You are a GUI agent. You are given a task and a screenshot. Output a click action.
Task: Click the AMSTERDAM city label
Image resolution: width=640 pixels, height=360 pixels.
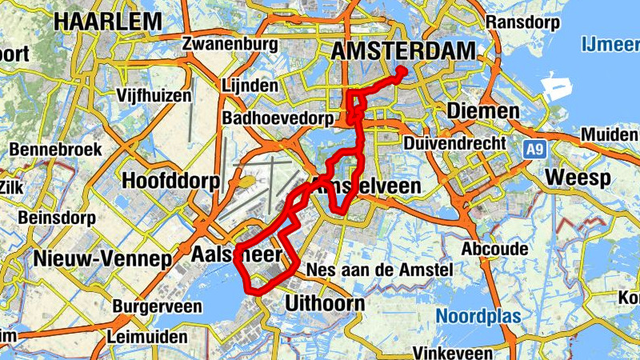[x=403, y=50]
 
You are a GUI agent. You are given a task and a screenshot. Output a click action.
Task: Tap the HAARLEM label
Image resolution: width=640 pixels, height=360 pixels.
[x=108, y=22]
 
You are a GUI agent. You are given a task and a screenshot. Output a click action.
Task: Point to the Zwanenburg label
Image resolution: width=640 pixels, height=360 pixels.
[x=223, y=42]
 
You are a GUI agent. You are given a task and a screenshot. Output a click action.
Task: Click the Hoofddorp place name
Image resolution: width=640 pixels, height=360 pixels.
[x=170, y=181]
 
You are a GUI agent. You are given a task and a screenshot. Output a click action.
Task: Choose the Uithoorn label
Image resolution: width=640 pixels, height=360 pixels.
[x=325, y=303]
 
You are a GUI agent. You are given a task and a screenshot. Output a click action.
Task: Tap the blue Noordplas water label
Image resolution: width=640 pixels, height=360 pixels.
[x=478, y=316]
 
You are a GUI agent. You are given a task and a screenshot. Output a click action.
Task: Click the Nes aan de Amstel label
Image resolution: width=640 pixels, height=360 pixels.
[x=380, y=270]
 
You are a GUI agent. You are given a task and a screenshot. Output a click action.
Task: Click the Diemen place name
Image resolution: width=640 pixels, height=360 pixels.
[x=482, y=110]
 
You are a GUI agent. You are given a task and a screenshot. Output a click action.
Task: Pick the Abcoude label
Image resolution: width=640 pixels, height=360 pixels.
[x=494, y=250]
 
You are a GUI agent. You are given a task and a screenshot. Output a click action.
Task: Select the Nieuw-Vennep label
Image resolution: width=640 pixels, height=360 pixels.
[x=102, y=258]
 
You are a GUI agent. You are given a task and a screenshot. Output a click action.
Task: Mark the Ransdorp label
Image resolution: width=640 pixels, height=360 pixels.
[x=522, y=22]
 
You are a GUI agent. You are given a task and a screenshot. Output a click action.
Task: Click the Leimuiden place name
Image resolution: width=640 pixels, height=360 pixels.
[x=150, y=337]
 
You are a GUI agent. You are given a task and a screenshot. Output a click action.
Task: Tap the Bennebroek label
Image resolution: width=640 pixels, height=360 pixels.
[x=55, y=149]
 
